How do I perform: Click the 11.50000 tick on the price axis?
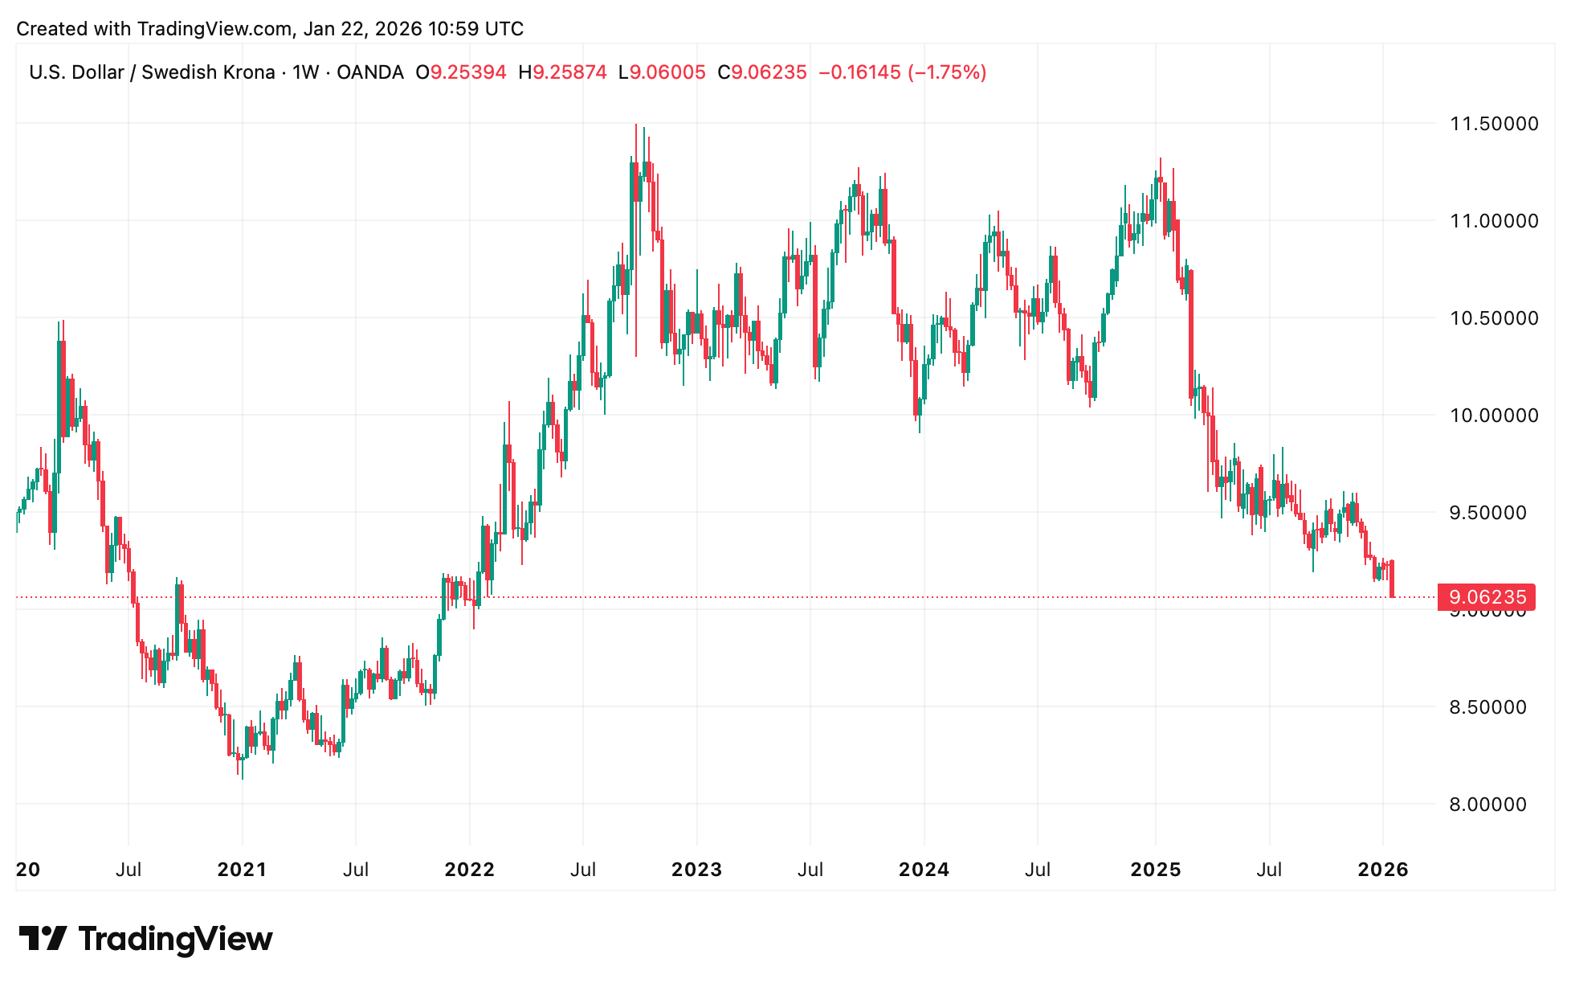pyautogui.click(x=1493, y=124)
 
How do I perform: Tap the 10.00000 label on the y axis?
pyautogui.click(x=1493, y=416)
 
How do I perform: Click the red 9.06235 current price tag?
pyautogui.click(x=1487, y=597)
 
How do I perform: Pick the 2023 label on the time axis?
pyautogui.click(x=696, y=870)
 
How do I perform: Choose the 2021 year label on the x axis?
pyautogui.click(x=242, y=870)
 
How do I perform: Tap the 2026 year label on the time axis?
pyautogui.click(x=1382, y=870)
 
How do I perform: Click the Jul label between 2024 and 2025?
pyautogui.click(x=1038, y=870)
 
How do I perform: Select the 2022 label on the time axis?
pyautogui.click(x=469, y=870)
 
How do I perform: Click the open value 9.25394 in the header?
pyautogui.click(x=468, y=72)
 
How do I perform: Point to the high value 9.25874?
pyautogui.click(x=569, y=72)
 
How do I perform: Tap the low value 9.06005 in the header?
pyautogui.click(x=667, y=72)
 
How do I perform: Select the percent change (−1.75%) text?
pyautogui.click(x=947, y=72)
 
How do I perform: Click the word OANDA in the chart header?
pyautogui.click(x=369, y=72)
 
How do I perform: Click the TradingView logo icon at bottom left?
pyautogui.click(x=43, y=938)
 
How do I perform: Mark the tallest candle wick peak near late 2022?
pyautogui.click(x=636, y=125)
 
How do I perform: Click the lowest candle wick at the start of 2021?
pyautogui.click(x=243, y=778)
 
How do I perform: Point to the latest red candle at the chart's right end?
pyautogui.click(x=1392, y=579)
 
